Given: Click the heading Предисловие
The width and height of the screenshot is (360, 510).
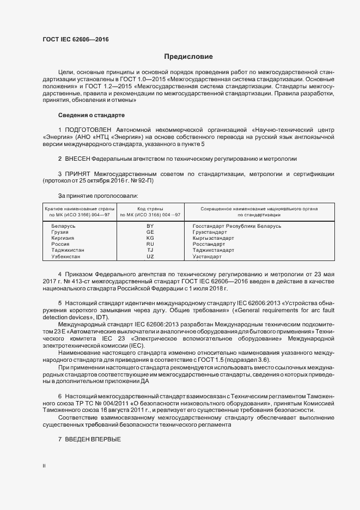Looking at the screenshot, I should [188, 57].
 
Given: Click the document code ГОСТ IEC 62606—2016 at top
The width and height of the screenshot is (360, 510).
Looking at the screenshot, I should [75, 40].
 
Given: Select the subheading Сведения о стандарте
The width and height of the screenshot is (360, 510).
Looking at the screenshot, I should [91, 116].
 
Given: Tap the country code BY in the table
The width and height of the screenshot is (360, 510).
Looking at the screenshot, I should [150, 226].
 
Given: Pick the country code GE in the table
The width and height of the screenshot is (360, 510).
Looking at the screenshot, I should [150, 232].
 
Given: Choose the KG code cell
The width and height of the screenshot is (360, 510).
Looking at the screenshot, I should [150, 238].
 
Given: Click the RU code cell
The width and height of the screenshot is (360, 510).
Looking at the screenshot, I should [150, 244].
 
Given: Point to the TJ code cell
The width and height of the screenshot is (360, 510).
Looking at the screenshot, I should [150, 250].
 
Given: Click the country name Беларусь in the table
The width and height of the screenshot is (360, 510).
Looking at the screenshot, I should [63, 226].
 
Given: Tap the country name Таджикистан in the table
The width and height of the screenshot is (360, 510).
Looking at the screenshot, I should [68, 250].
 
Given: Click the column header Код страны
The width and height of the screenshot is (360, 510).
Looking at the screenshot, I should [150, 209].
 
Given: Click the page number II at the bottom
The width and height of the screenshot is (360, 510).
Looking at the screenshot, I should [44, 466].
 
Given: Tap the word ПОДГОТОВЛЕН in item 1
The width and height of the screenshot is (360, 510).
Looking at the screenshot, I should [88, 130].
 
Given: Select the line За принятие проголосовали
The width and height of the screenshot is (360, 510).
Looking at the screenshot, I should [98, 195].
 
